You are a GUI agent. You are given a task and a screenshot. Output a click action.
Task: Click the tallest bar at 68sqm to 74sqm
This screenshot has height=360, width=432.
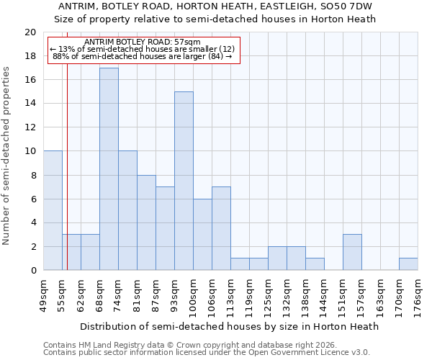pyautogui.click(x=109, y=169)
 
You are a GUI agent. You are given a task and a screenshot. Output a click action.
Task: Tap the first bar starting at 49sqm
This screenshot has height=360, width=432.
pyautogui.click(x=53, y=210)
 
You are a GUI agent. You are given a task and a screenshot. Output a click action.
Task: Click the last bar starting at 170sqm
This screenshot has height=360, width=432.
pyautogui.click(x=408, y=264)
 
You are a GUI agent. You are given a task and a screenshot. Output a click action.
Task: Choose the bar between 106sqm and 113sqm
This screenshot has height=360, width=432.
pyautogui.click(x=221, y=228)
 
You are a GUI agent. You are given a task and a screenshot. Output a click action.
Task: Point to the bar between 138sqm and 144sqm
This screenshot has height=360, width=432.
pyautogui.click(x=315, y=264)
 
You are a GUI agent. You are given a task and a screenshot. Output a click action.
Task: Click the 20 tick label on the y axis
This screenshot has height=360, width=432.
pyautogui.click(x=30, y=32)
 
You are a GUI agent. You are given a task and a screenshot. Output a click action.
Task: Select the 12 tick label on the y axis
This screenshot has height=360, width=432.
pyautogui.click(x=30, y=127)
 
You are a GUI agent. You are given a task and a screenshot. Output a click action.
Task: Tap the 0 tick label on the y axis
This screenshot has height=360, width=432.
pyautogui.click(x=32, y=271)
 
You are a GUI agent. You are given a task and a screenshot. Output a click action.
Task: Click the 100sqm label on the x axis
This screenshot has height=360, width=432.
pyautogui.click(x=193, y=294)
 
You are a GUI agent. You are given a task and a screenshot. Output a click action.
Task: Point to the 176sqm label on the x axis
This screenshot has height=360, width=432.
pyautogui.click(x=418, y=294)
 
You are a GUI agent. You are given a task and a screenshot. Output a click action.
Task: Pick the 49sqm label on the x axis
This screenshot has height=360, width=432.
pyautogui.click(x=43, y=293)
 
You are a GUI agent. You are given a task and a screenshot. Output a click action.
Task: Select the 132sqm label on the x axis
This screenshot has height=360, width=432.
pyautogui.click(x=287, y=294)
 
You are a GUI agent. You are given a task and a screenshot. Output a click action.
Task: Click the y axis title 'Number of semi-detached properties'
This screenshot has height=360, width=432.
pyautogui.click(x=7, y=156)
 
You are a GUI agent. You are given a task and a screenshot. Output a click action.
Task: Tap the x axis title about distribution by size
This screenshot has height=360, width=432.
pyautogui.click(x=229, y=326)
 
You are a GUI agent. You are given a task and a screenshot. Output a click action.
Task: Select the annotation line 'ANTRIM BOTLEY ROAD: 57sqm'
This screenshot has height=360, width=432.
pyautogui.click(x=142, y=42)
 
